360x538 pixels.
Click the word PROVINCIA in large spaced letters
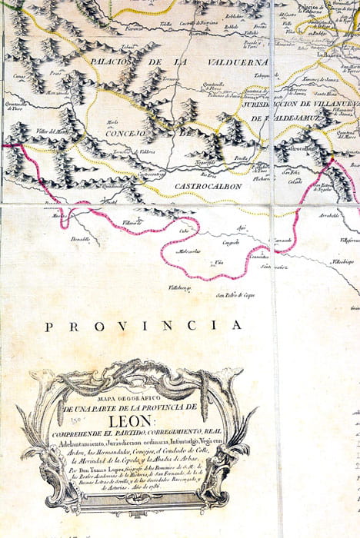tap(143, 326)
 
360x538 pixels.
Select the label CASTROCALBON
tap(207, 186)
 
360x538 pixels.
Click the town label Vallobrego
tap(180, 288)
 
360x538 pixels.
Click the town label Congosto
tap(231, 243)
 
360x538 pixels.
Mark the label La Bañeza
tap(328, 55)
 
